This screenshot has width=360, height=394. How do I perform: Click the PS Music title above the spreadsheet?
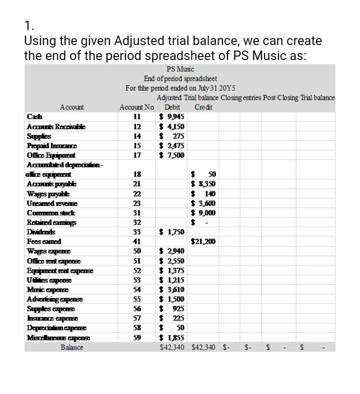tap(180, 69)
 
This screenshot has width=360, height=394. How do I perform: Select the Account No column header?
tap(136, 107)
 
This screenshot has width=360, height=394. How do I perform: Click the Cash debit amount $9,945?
tap(171, 117)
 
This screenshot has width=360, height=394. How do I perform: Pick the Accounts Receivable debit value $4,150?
tap(171, 126)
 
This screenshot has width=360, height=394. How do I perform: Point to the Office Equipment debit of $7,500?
tap(171, 155)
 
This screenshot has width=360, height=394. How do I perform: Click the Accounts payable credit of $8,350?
tap(203, 184)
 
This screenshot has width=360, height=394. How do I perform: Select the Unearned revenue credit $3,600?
tap(203, 203)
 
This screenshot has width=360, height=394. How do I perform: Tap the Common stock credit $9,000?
tap(203, 212)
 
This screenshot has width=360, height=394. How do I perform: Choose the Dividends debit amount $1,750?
tap(171, 231)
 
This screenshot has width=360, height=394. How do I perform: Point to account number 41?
tap(136, 241)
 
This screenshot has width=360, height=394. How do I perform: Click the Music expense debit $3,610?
tap(171, 289)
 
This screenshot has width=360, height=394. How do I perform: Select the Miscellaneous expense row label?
tap(57, 337)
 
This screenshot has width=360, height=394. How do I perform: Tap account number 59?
tap(136, 337)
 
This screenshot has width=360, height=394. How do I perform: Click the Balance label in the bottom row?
tap(72, 347)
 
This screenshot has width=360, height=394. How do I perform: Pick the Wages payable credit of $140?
tap(203, 193)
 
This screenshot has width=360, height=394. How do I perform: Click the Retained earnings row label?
tap(49, 222)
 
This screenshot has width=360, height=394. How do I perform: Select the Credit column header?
tap(203, 107)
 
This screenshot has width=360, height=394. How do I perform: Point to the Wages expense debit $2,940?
tap(171, 251)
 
